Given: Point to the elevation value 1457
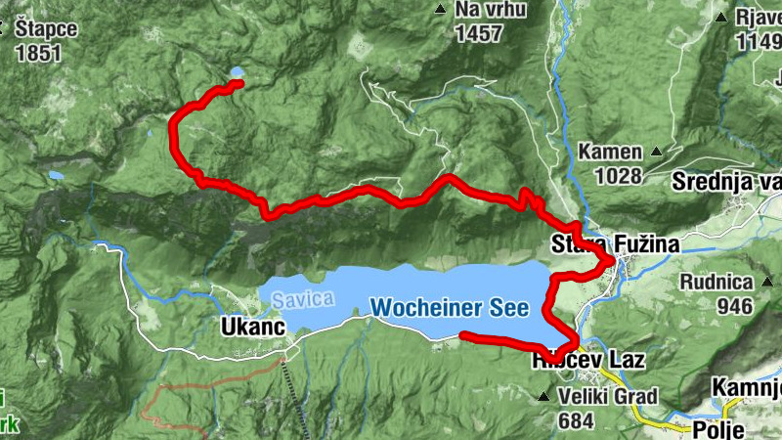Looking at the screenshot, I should (478, 34).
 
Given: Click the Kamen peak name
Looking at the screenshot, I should (610, 152).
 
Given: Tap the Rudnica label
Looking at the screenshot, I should (717, 283).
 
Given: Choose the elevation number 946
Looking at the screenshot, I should (733, 306).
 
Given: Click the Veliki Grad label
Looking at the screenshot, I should (607, 396).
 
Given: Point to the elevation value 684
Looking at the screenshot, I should (578, 420).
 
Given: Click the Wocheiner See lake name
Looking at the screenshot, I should (450, 308).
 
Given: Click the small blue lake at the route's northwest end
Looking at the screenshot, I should (237, 71).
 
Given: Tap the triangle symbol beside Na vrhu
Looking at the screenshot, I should (439, 11).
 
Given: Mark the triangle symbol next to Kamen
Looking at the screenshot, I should (657, 153).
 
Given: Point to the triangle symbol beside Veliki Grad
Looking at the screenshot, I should (543, 397).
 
